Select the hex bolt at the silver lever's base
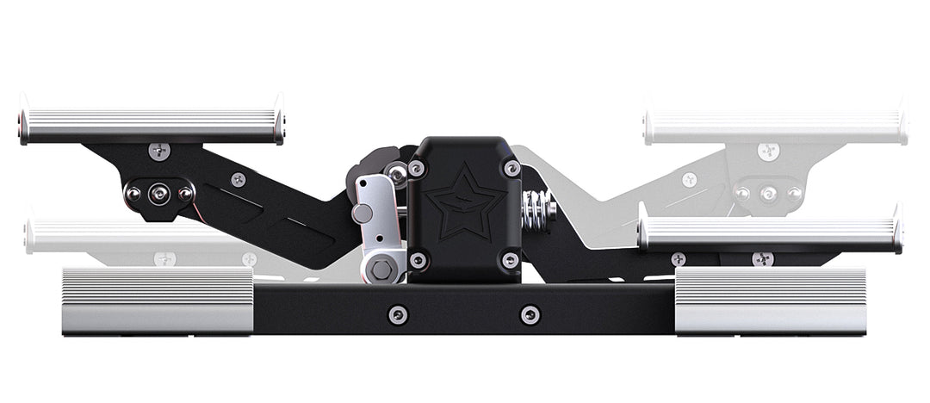coord(381,270)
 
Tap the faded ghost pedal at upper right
coord(775,127)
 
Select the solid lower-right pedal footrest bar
coord(769,233)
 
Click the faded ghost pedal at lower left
coord(146,235)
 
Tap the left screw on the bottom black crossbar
coord(397,314)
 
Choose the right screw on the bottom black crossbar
coord(530,314)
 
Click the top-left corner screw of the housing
coord(418,169)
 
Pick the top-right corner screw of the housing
coord(512,169)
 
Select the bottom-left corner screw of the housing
coord(418,259)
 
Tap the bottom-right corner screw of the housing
coord(511,259)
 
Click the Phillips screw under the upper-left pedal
coord(159,152)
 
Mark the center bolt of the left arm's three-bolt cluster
coord(158,195)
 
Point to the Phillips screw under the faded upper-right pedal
coord(768,152)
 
